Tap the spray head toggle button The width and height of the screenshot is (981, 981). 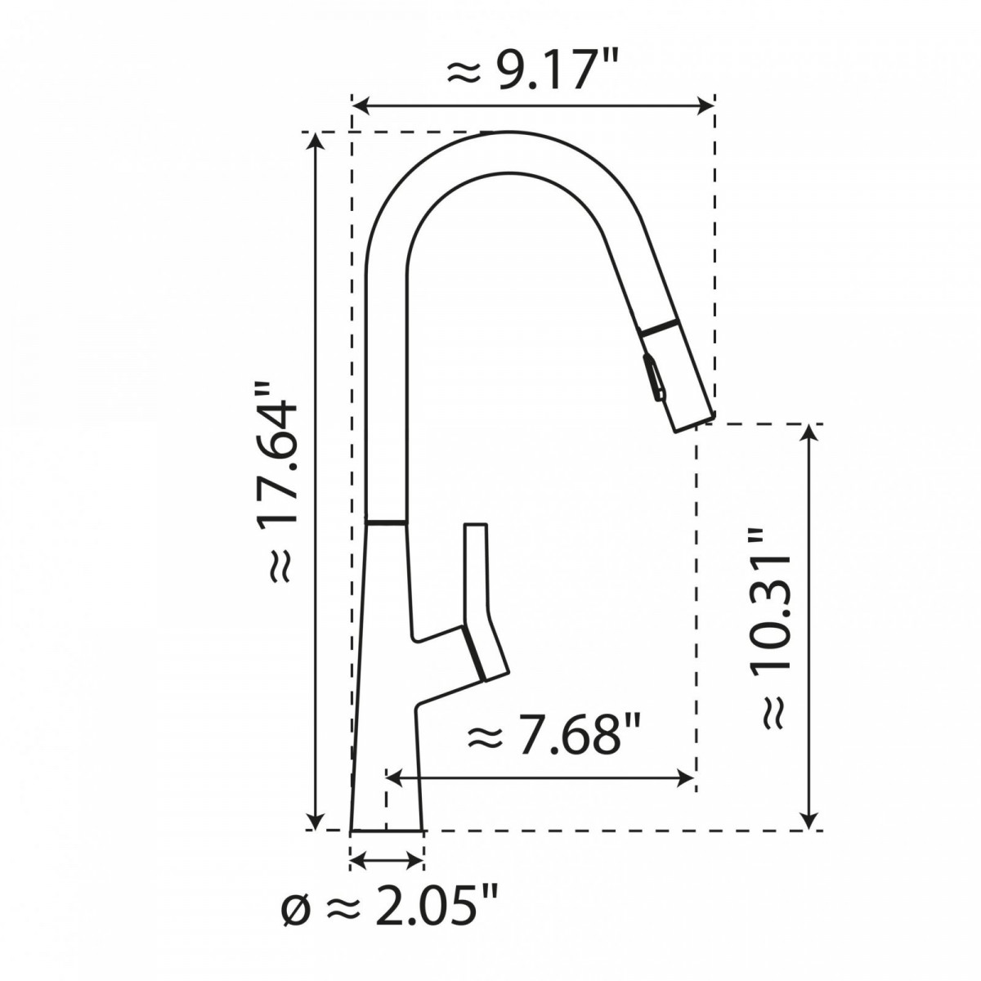click(654, 378)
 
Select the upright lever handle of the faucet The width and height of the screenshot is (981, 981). click(476, 572)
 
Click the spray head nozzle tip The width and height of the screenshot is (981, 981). click(694, 422)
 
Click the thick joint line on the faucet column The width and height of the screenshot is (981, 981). click(385, 521)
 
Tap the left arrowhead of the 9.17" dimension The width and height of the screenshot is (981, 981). click(360, 105)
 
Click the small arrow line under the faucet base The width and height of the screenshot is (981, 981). click(387, 859)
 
